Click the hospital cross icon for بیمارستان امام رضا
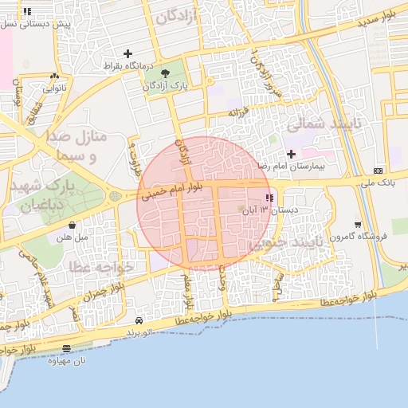(291, 153)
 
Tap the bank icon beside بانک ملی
(378, 171)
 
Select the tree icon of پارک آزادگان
(165, 73)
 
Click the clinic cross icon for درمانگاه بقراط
(127, 53)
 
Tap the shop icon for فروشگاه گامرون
(358, 225)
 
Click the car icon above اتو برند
(139, 320)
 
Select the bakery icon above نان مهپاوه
(66, 348)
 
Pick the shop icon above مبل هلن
(73, 226)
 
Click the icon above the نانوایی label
(53, 76)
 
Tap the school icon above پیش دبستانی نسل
(27, 12)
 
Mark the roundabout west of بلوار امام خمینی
(116, 196)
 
